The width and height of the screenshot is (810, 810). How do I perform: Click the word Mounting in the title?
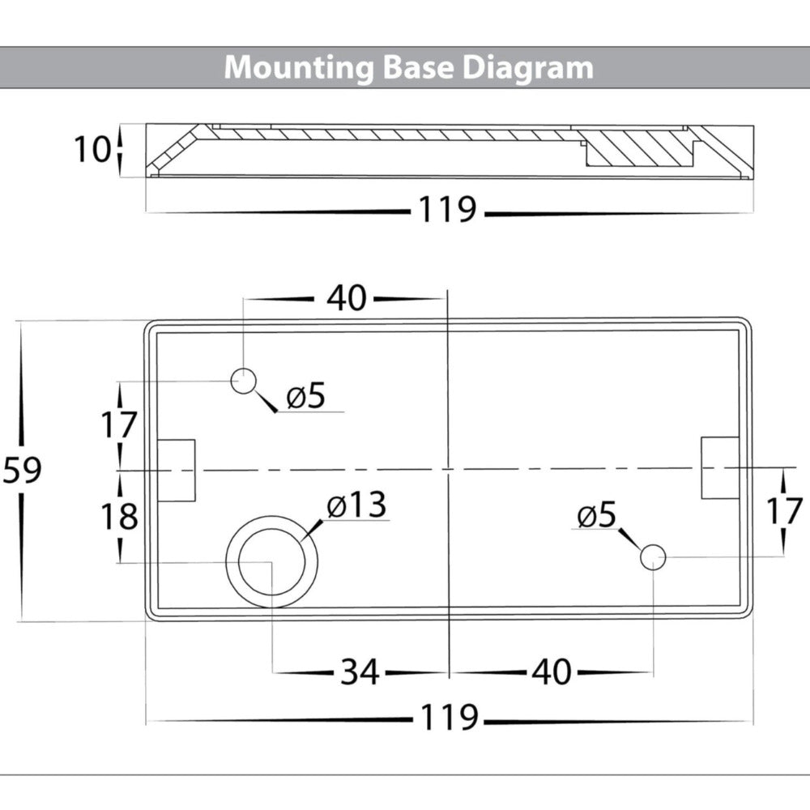point(297,67)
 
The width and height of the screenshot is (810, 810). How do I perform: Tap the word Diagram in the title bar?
point(528,67)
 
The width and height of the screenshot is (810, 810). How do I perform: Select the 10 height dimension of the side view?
point(92,150)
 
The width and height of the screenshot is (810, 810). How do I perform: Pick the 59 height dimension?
point(22,470)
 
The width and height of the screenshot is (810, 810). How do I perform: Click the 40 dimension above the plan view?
point(347,299)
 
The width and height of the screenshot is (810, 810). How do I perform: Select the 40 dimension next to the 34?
point(552,671)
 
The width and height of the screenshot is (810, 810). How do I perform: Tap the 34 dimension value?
point(360,671)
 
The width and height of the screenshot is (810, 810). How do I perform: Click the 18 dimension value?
point(120,516)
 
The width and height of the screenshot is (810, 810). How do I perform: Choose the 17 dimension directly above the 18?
point(120,424)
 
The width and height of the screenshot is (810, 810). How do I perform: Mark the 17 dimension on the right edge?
point(783,511)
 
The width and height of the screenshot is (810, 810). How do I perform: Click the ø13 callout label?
point(356,507)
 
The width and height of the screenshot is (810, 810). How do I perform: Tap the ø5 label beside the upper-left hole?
point(305,397)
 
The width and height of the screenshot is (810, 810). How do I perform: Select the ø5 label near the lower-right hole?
point(597,515)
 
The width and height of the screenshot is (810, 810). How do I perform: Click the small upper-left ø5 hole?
point(243,381)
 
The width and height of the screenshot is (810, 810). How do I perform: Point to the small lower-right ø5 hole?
point(653,557)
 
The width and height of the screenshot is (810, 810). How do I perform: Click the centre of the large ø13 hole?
point(271,561)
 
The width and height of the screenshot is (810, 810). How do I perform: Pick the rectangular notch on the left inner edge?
point(177,470)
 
